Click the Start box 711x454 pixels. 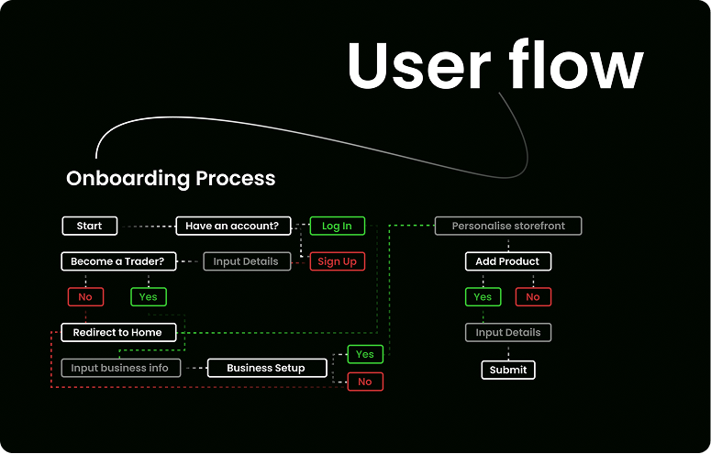(89, 226)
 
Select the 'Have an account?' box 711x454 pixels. (233, 226)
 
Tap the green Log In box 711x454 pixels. (337, 226)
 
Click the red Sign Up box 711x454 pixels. (337, 261)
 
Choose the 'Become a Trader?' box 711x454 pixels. (117, 261)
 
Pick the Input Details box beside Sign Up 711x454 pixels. (246, 261)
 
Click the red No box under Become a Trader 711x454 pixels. (85, 297)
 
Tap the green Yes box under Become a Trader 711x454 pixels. (149, 297)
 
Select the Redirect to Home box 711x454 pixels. (117, 332)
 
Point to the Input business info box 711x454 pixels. (120, 368)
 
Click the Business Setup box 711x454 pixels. (266, 368)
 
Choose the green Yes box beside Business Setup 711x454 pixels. (365, 354)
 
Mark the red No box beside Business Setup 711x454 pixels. (365, 382)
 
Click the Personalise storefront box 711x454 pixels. (508, 226)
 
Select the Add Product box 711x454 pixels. (507, 261)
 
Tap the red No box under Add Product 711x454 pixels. (533, 297)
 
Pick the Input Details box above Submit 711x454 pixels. (508, 332)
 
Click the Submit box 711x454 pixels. (508, 370)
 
